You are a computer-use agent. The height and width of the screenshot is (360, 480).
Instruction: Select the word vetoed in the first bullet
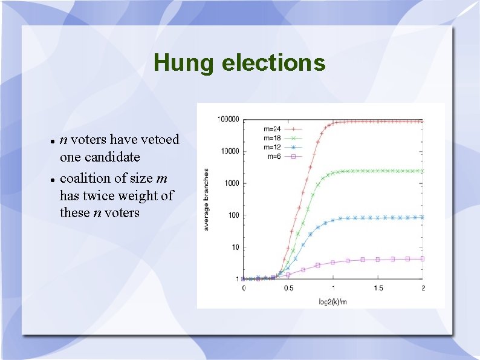pos(158,140)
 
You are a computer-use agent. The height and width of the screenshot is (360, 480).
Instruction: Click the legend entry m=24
pos(273,128)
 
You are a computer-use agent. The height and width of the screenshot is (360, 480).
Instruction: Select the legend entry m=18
pos(273,138)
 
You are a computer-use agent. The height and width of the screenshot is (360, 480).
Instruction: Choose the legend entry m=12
pos(273,147)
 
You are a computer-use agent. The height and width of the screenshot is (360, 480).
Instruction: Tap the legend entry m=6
pos(274,156)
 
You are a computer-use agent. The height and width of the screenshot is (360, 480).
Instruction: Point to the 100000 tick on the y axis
pos(229,119)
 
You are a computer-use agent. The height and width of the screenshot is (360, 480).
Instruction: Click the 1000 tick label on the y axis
pos(232,183)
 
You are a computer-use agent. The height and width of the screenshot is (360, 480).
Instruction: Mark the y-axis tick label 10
pos(235,247)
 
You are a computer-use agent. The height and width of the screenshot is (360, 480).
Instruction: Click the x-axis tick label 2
pos(423,288)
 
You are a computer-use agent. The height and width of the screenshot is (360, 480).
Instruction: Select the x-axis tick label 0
pos(244,288)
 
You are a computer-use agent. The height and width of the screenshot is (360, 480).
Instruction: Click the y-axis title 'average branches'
pos(206,199)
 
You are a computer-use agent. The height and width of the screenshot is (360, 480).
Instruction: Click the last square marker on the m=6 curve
pos(422,259)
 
